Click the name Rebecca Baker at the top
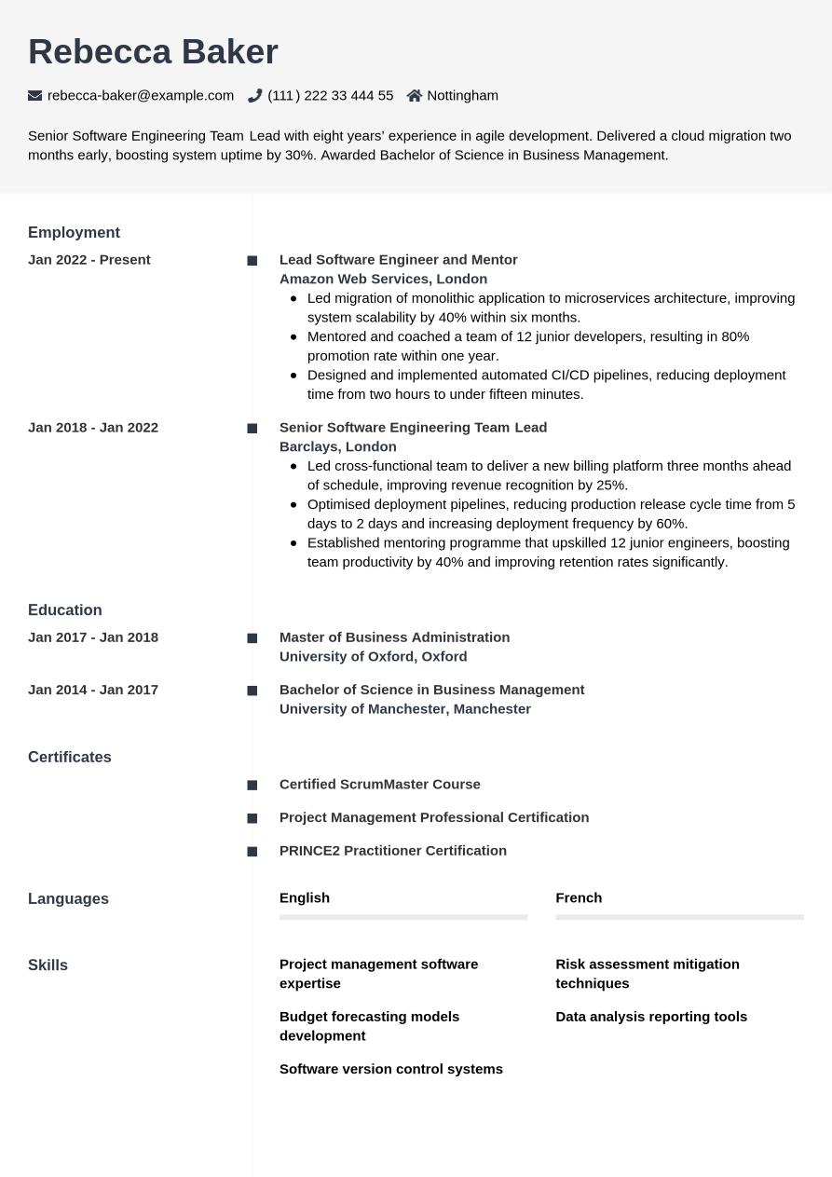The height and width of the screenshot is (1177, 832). tap(153, 52)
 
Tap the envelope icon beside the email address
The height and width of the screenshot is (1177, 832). tap(35, 95)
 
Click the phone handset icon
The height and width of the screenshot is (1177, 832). tap(254, 95)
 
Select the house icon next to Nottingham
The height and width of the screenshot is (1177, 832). tap(415, 95)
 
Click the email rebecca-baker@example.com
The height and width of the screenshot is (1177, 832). tap(141, 95)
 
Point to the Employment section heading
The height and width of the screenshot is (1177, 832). tap(74, 232)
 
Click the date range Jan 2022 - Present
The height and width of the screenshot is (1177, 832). tap(89, 260)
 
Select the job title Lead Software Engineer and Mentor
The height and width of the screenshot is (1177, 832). tap(398, 260)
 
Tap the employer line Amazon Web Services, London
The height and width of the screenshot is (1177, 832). tap(383, 279)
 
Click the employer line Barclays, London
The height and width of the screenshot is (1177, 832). tap(337, 446)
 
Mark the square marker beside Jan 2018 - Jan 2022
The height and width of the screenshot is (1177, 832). tap(252, 429)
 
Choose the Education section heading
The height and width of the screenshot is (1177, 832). tap(64, 609)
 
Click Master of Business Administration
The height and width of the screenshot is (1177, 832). tap(394, 637)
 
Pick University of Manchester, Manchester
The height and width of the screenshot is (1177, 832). tap(404, 708)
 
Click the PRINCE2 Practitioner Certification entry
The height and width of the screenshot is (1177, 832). tap(392, 850)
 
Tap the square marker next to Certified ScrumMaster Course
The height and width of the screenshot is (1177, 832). tap(252, 786)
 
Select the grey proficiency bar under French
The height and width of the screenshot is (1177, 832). tap(679, 917)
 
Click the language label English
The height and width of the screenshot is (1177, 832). tap(305, 897)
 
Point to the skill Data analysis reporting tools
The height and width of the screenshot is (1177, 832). tap(650, 1017)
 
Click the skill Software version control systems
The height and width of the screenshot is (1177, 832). tap(390, 1069)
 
